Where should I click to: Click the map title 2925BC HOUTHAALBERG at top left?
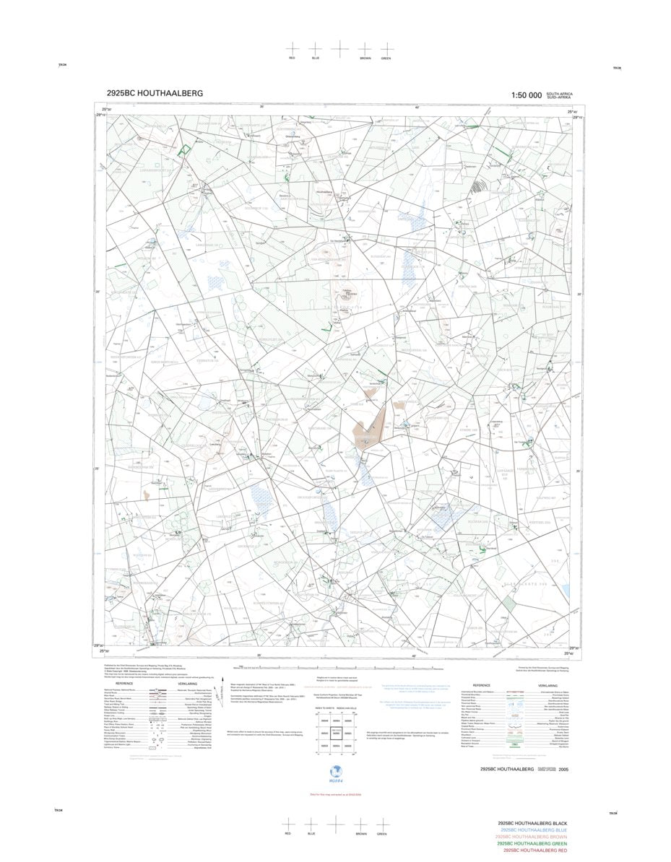pyautogui.click(x=155, y=93)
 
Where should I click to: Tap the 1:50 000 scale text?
pyautogui.click(x=526, y=95)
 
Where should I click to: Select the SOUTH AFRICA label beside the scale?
pyautogui.click(x=559, y=93)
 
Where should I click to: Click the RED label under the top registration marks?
pyautogui.click(x=292, y=58)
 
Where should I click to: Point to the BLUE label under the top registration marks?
pyautogui.click(x=315, y=58)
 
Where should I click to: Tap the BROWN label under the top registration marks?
pyautogui.click(x=365, y=58)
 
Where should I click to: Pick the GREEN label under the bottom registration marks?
pyautogui.click(x=382, y=834)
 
